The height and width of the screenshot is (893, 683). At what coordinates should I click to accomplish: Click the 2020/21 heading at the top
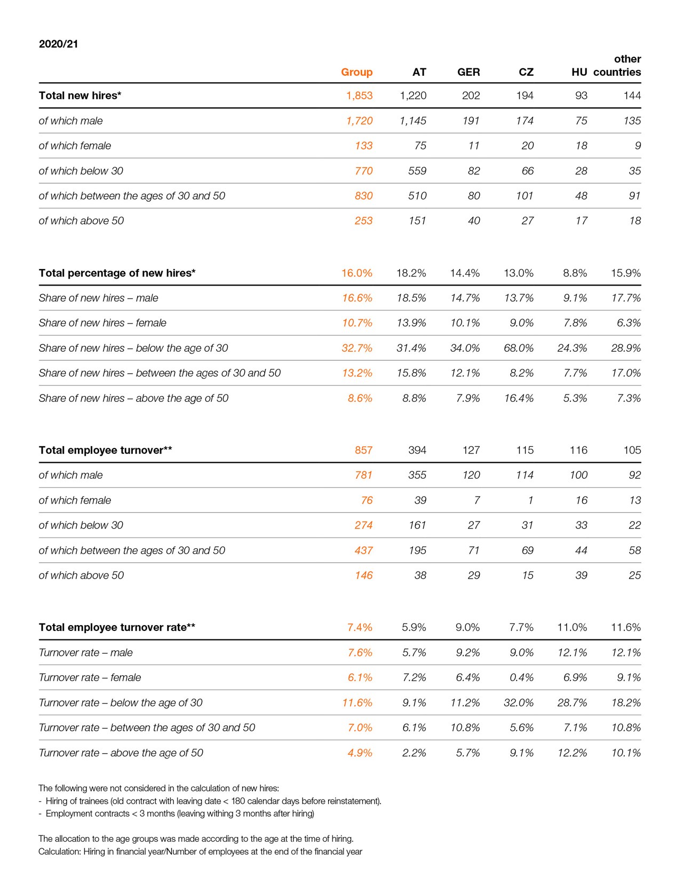pos(59,44)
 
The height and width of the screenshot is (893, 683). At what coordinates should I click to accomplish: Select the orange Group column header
pos(356,72)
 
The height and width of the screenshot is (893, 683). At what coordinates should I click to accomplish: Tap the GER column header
pos(468,72)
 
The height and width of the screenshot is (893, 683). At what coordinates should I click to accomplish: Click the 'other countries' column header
pos(617,66)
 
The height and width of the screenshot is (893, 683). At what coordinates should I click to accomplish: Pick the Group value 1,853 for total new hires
pos(359,96)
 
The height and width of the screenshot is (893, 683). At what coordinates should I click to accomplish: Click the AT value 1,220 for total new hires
pos(413,96)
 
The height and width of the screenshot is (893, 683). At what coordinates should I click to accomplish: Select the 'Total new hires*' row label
pos(80,96)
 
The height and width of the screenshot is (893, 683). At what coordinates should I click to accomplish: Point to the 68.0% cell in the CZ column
pos(519,348)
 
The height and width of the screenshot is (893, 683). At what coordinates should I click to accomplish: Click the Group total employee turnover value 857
pos(363,450)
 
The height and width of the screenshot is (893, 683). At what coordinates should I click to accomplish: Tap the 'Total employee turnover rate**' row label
pos(117,627)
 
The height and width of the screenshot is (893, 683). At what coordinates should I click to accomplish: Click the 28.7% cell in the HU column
pos(572,702)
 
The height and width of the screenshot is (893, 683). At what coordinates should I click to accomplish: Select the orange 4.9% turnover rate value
pos(360,753)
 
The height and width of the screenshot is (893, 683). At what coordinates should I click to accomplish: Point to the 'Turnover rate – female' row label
pos(90,677)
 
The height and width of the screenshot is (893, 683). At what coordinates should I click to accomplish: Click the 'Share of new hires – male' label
pos(98,298)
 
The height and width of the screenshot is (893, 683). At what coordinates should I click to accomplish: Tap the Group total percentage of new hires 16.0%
pos(356,273)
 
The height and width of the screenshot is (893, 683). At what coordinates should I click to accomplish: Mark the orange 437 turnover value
pos(363,550)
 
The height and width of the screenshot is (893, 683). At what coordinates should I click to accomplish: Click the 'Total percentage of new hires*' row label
pos(117,273)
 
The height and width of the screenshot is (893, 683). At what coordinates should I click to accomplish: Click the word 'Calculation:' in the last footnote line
pos(59,851)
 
